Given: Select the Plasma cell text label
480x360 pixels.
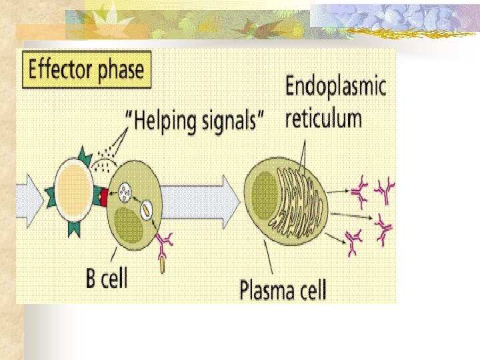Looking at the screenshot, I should tap(283, 290).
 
